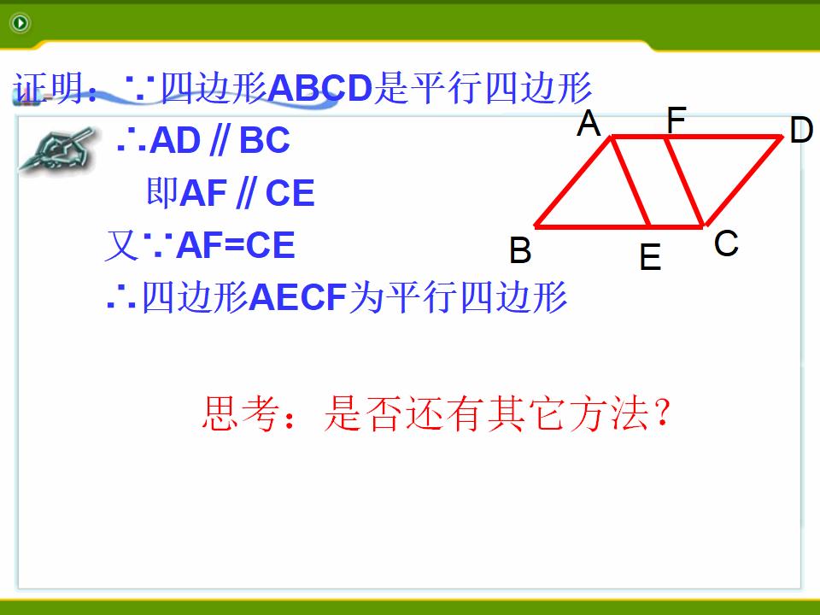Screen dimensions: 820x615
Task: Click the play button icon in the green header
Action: (20, 22)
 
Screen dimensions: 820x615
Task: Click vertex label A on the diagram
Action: (589, 123)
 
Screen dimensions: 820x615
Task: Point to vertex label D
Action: (801, 130)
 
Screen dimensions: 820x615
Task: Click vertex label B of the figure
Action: (520, 249)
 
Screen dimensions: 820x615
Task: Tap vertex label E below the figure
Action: (650, 256)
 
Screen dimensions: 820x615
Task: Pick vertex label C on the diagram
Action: (726, 243)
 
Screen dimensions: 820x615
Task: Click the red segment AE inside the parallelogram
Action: (630, 181)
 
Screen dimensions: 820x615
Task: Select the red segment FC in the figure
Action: (684, 181)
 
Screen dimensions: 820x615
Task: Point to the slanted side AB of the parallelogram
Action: (573, 181)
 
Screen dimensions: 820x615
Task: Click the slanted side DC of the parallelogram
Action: (743, 181)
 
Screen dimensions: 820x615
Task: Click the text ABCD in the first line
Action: (320, 87)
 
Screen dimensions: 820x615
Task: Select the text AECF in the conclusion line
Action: (298, 297)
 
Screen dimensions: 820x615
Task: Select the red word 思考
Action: (239, 413)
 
